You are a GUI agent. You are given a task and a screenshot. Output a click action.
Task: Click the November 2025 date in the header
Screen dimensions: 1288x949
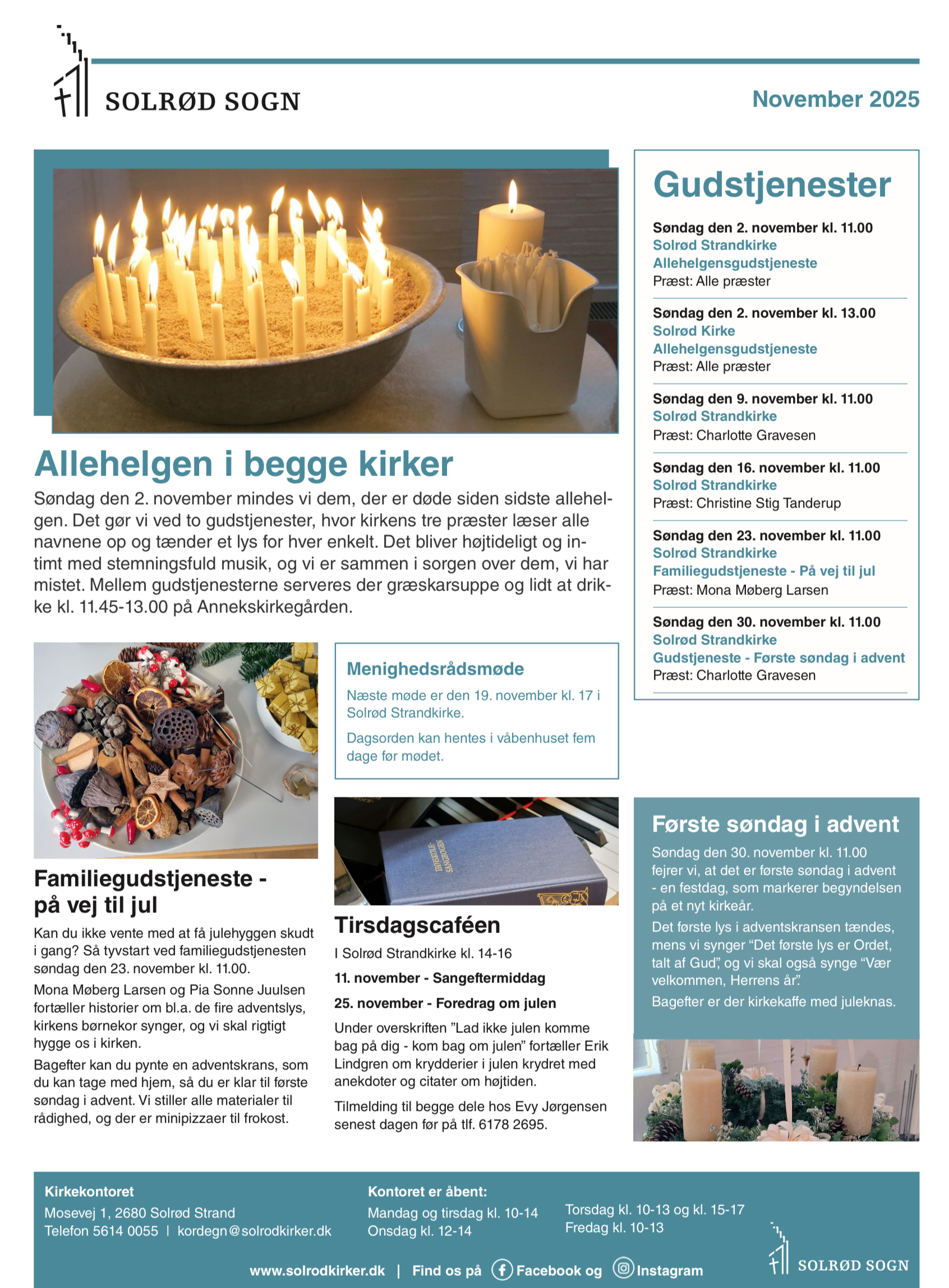[x=835, y=99]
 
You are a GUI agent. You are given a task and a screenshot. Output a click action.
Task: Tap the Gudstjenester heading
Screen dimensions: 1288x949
[x=772, y=185]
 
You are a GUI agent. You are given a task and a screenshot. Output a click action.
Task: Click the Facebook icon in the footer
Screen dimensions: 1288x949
[x=501, y=1269]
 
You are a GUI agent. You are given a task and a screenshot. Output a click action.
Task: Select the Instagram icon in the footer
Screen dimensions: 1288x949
[x=623, y=1268]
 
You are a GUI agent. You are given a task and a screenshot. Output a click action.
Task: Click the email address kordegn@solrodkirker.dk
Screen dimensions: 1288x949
[x=254, y=1231]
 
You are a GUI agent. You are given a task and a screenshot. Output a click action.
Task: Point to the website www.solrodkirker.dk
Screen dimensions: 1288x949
[x=317, y=1271]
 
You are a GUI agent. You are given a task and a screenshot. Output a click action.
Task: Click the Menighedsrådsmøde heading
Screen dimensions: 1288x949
[x=435, y=668]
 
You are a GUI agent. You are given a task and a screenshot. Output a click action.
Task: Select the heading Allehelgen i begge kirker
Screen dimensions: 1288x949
[x=243, y=464]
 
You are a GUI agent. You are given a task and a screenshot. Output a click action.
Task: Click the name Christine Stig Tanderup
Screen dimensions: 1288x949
[x=768, y=503]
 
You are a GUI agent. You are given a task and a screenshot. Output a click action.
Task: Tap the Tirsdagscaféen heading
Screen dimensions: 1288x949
[x=417, y=925]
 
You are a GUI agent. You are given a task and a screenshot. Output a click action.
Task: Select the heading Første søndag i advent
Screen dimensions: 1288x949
[x=775, y=824]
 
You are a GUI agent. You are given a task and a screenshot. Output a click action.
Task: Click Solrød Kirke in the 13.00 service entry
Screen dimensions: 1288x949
[x=693, y=331]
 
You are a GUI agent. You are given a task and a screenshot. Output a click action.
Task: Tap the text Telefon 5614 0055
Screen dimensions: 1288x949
[x=101, y=1231]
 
